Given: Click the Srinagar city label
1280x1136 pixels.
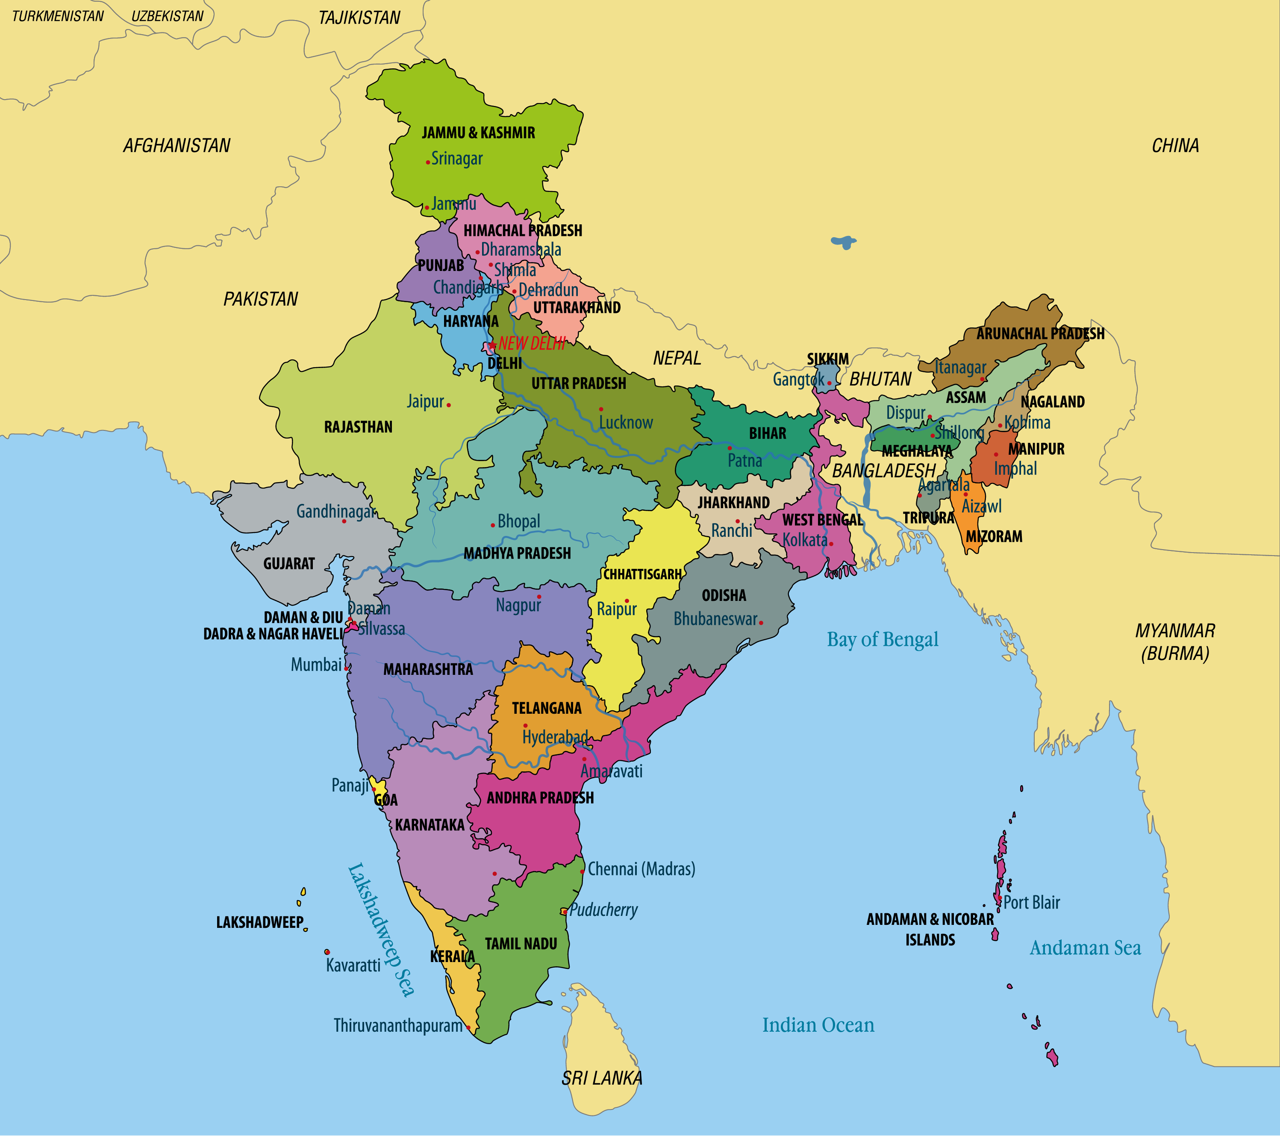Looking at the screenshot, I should coord(456,159).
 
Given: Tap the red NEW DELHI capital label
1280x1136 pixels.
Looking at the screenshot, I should coord(531,343).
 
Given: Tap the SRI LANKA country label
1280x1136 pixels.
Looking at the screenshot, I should coord(601,1078).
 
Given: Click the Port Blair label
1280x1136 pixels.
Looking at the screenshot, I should coord(1031,902).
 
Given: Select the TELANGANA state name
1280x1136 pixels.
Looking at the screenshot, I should coord(546,708).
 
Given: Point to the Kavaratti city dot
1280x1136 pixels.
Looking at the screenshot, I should coord(327,952).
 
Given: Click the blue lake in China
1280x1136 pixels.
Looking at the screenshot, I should coord(844,242).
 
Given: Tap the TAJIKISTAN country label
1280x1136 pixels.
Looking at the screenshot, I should coord(359,18).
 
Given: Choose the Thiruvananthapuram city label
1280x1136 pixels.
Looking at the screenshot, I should coord(397,1025).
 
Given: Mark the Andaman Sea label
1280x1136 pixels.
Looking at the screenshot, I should coord(1085,948).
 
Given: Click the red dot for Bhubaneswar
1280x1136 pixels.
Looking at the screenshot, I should coord(761,622).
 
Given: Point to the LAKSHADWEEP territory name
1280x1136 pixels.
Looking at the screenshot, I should coord(259,922).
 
